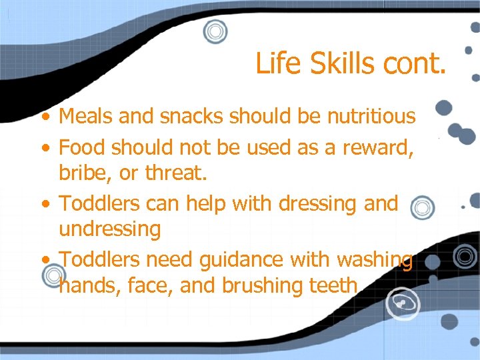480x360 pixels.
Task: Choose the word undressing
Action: coord(110,230)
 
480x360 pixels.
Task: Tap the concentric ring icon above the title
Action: coord(215,31)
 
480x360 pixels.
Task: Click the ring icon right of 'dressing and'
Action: coord(421,207)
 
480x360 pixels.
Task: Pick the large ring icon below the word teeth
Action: coord(402,303)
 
